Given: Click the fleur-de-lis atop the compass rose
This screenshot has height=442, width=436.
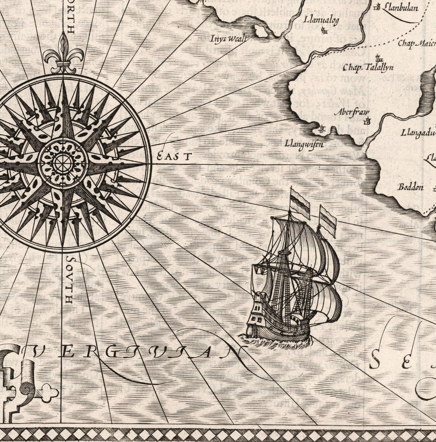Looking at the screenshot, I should click(63, 54).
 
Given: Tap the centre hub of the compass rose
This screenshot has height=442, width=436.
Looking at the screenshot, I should click(63, 164).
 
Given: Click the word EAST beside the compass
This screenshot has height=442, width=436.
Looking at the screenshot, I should click(174, 156).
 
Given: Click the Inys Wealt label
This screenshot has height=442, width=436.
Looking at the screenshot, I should click(229, 38).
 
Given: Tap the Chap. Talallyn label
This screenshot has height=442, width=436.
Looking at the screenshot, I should click(368, 67).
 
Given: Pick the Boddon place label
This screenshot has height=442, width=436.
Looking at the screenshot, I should click(411, 187).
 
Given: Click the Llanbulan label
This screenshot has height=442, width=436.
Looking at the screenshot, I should click(401, 7).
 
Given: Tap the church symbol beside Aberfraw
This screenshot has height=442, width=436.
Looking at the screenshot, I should click(366, 122).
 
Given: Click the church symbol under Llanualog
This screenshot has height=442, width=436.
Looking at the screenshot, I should click(324, 31).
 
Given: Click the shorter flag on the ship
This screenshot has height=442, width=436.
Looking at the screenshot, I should click(327, 220).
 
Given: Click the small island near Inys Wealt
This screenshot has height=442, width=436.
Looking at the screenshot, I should click(261, 32).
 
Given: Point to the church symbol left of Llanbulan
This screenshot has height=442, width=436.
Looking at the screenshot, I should click(378, 7).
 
